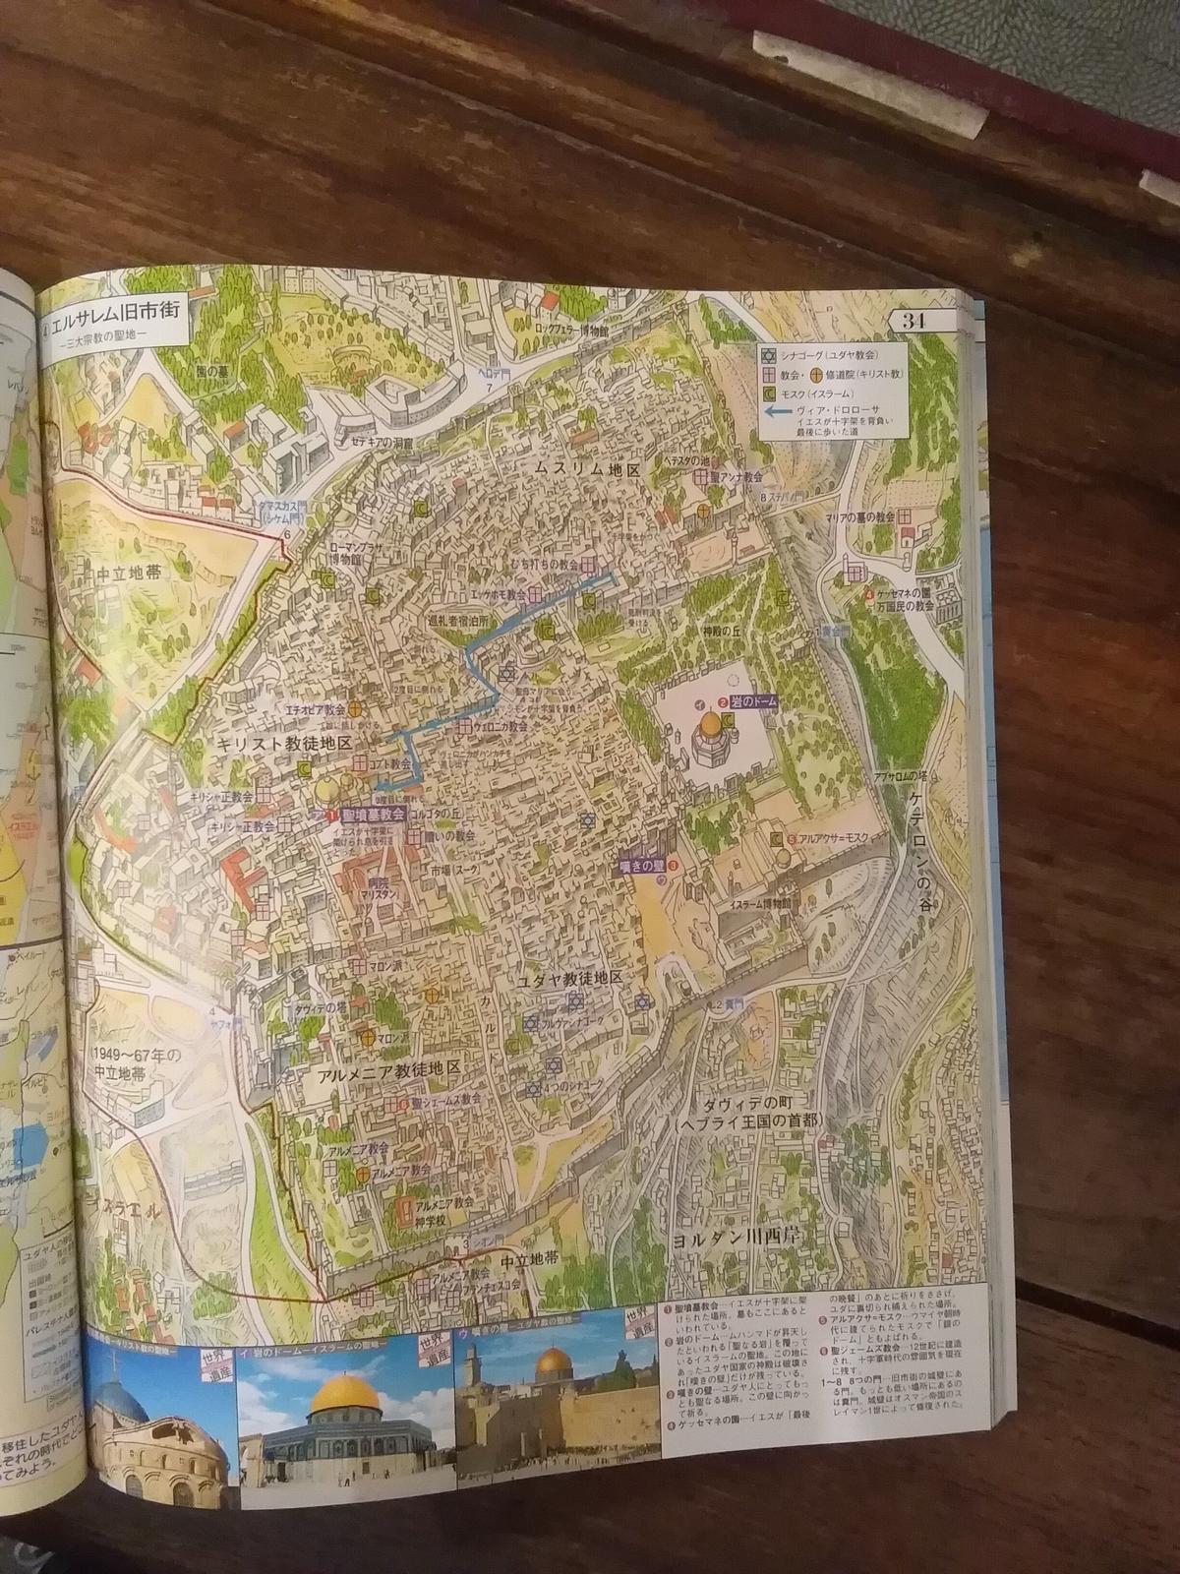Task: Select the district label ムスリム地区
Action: click(587, 471)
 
